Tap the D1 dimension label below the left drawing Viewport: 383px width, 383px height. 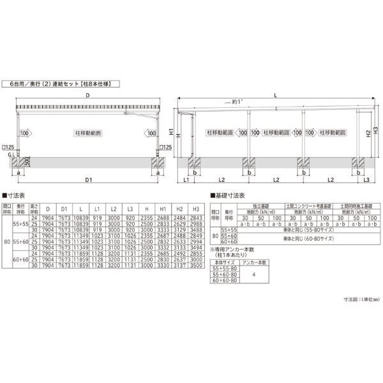coord(87,181)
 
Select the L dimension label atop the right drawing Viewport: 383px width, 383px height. coord(274,94)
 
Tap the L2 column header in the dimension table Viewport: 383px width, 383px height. coord(114,208)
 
